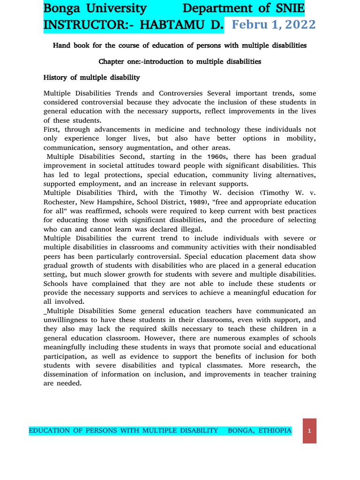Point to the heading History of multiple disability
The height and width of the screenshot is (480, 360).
point(91,77)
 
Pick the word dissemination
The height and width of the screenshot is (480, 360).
point(70,374)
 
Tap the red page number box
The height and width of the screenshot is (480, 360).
point(309,431)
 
